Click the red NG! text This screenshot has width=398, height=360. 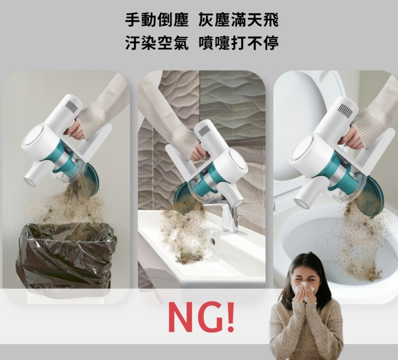(201, 317)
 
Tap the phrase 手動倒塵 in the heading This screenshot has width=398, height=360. (157, 20)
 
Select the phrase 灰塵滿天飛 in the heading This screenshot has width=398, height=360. (238, 20)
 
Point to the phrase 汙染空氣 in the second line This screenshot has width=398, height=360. (157, 43)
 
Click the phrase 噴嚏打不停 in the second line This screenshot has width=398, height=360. (238, 43)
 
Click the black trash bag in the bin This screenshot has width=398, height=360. (67, 256)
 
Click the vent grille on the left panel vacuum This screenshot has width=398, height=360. (71, 107)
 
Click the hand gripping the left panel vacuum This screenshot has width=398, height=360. (75, 129)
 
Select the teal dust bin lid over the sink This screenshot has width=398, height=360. (185, 197)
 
